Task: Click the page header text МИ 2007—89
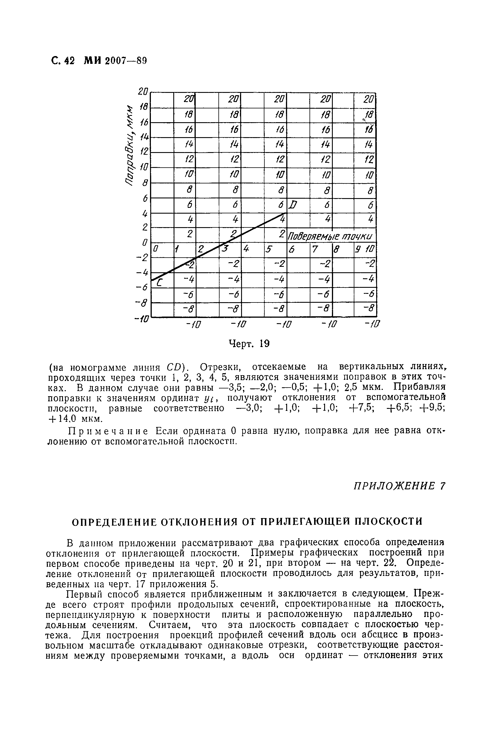coord(116,60)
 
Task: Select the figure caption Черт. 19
coord(249,344)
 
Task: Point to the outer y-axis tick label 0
coord(145,242)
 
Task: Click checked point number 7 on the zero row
coord(315,250)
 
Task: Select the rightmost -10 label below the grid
coord(372,324)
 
